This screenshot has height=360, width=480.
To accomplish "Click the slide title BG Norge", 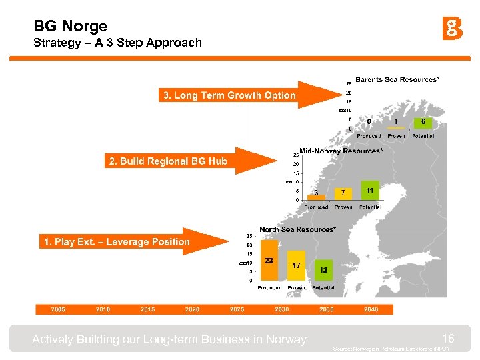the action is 70,26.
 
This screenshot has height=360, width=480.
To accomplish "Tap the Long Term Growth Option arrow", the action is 240,95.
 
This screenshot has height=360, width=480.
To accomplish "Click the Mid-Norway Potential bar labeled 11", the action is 370,191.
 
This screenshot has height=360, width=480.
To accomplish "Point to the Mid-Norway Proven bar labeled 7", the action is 343,193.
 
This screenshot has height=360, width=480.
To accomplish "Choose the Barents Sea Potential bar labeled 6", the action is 423,123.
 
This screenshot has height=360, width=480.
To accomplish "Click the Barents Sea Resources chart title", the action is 397,79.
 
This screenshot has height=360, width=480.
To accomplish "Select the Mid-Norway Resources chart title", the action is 341,151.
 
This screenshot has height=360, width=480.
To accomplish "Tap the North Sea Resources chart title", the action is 297,229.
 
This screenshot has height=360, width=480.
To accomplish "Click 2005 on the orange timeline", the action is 58,309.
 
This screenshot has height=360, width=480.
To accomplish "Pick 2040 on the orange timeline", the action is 371,309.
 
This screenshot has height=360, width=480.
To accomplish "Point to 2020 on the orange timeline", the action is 192,309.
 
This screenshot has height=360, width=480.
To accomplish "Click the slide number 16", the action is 448,338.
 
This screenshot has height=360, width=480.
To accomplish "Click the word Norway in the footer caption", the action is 285,339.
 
